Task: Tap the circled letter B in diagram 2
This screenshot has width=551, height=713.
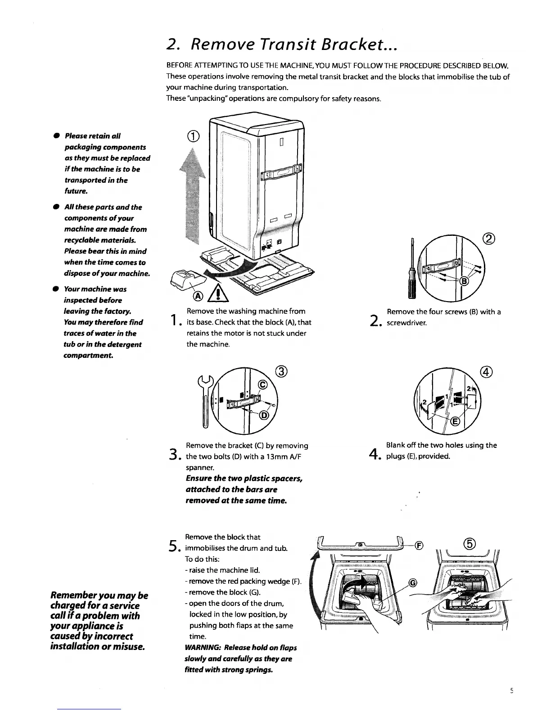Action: pyautogui.click(x=465, y=282)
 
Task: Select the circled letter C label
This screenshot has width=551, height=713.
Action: pyautogui.click(x=263, y=384)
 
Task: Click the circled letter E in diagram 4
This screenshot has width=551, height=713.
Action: pyautogui.click(x=455, y=421)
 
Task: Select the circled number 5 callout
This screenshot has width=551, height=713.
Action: pyautogui.click(x=470, y=543)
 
